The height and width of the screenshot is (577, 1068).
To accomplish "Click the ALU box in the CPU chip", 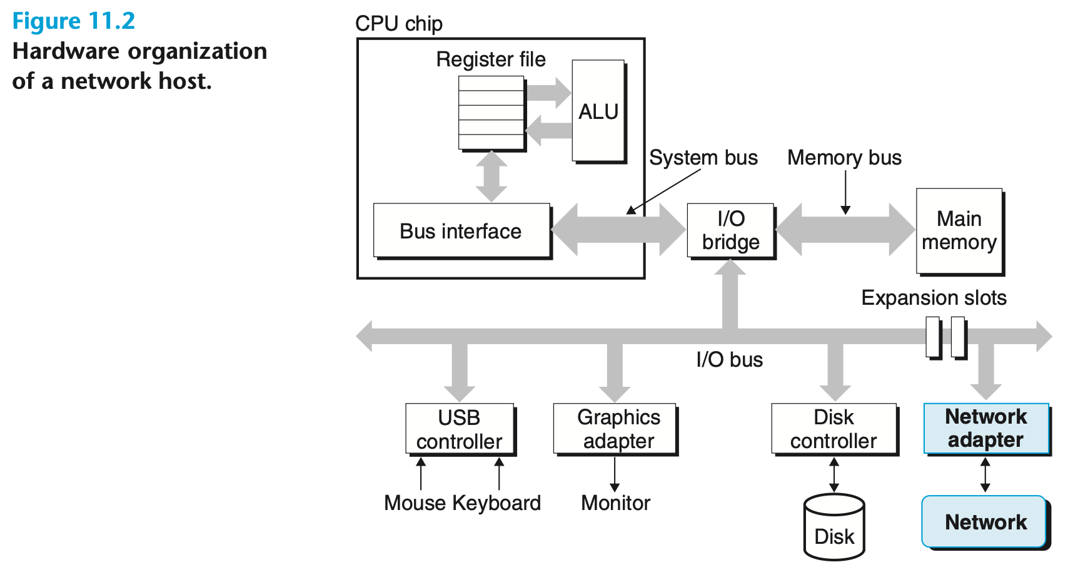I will click(598, 111).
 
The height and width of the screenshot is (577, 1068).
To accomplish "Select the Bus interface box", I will click(461, 231).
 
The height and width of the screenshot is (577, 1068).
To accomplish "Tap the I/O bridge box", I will click(730, 230).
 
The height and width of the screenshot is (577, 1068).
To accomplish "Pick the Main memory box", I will click(959, 230).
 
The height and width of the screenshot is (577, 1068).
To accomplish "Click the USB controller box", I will click(460, 429).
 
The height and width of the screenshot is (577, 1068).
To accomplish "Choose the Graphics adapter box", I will click(615, 429).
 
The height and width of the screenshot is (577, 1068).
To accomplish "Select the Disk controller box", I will click(834, 429).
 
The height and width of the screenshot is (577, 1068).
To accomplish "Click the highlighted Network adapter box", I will click(986, 429).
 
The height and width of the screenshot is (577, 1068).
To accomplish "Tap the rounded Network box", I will click(985, 522).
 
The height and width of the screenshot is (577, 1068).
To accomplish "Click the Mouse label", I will click(415, 503).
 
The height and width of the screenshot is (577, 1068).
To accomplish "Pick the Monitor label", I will click(616, 503).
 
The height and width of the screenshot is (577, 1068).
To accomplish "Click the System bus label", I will click(703, 158).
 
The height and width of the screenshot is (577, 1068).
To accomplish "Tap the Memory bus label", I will click(844, 158).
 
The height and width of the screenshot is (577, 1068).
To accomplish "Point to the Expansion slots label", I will click(934, 298).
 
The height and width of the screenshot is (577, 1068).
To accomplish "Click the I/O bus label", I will click(730, 360).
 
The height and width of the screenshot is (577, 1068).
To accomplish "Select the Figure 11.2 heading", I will click(74, 21).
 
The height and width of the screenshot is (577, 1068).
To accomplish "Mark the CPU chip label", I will click(399, 24).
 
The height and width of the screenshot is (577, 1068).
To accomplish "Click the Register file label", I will click(491, 59).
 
